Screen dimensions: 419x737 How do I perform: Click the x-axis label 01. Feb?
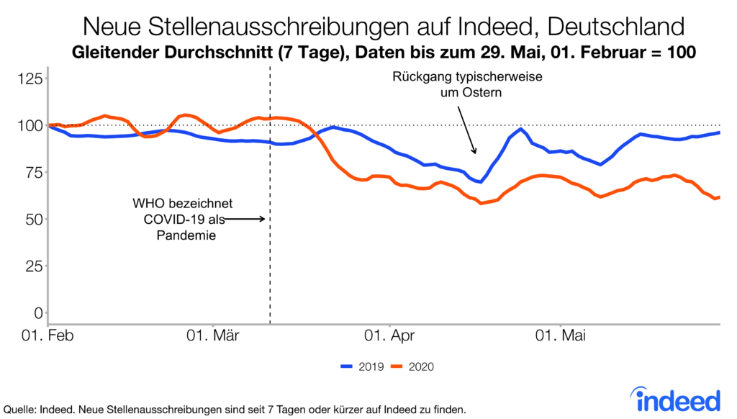click(x=48, y=336)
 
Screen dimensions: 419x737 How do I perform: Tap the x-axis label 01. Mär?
click(x=217, y=336)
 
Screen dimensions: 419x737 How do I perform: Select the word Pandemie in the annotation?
click(x=187, y=234)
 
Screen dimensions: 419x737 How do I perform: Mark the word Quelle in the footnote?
click(x=21, y=409)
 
